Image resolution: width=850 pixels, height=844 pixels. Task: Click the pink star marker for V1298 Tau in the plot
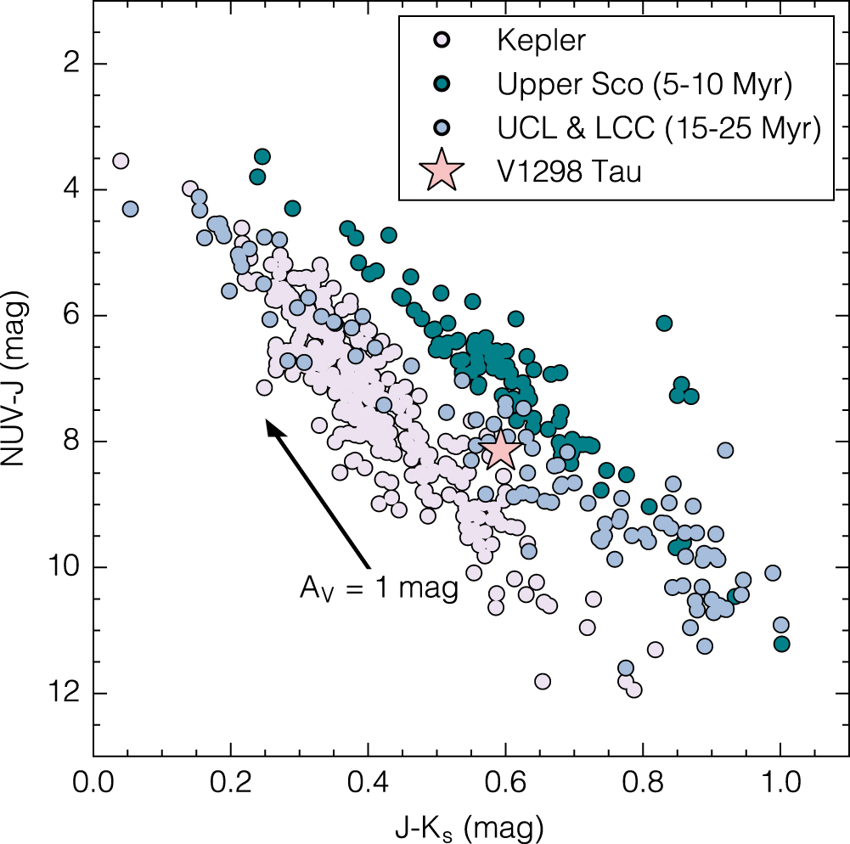(500, 451)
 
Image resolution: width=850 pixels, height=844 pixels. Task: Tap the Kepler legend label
(541, 40)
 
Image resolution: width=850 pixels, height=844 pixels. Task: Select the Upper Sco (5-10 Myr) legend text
(645, 84)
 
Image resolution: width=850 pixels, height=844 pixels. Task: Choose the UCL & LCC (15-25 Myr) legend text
(659, 128)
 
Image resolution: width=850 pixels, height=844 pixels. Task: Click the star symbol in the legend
(442, 171)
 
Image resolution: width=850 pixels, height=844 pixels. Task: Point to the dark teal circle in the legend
(442, 83)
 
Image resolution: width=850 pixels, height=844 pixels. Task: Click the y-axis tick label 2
(71, 64)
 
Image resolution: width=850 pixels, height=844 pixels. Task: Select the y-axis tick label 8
(71, 442)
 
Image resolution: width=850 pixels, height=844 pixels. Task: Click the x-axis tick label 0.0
(93, 783)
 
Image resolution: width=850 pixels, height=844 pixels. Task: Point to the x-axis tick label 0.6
(505, 783)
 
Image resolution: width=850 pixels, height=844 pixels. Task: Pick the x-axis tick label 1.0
(780, 783)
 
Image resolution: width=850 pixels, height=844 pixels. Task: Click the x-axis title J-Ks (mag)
(469, 828)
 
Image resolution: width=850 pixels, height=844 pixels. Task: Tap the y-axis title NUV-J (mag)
(15, 378)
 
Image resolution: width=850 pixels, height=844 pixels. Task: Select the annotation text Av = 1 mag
(379, 588)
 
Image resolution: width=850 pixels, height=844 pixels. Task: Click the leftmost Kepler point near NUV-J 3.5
(121, 161)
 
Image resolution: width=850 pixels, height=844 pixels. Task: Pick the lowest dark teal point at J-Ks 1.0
(781, 644)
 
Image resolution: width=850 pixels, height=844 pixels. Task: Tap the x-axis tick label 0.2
(231, 783)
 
